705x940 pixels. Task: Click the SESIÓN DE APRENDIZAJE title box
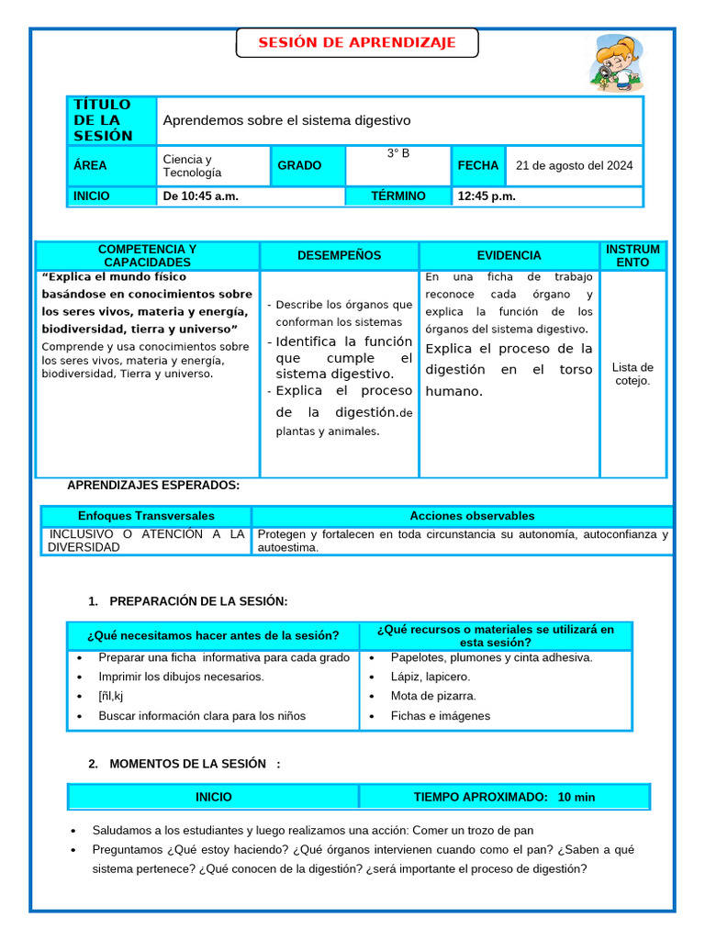(357, 43)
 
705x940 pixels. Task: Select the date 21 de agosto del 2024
(574, 166)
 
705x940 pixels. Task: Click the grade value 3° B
(398, 153)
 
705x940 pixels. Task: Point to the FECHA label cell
(477, 166)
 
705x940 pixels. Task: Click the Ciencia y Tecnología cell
(213, 166)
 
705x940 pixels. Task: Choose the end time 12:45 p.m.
(487, 196)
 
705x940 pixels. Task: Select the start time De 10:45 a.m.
(201, 196)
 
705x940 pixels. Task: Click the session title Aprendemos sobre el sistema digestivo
(287, 120)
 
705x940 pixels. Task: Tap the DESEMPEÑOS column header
(339, 256)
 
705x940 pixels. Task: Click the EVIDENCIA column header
(509, 256)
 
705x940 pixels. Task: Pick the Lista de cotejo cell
(632, 374)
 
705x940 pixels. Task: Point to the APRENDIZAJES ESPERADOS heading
(153, 486)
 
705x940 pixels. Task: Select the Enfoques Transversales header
(146, 516)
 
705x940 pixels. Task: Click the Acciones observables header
(472, 516)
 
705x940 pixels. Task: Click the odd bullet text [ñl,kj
(110, 696)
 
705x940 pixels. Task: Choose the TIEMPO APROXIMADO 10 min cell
(504, 797)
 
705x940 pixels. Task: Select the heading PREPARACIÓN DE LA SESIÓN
(197, 601)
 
